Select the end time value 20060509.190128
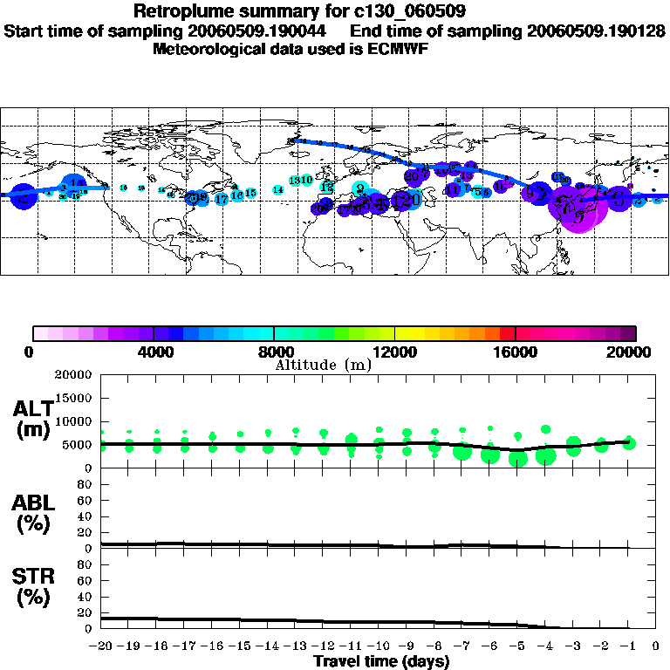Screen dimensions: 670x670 (597, 31)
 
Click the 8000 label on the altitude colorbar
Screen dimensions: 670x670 (274, 352)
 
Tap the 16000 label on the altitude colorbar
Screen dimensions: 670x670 (516, 352)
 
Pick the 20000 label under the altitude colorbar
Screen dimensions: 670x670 (634, 352)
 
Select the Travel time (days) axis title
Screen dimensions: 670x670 (381, 662)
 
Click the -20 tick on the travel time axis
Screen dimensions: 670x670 (102, 646)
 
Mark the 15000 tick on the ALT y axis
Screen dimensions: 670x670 (75, 398)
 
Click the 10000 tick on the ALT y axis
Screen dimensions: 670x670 (75, 421)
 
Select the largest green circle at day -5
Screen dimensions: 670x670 (518, 459)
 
